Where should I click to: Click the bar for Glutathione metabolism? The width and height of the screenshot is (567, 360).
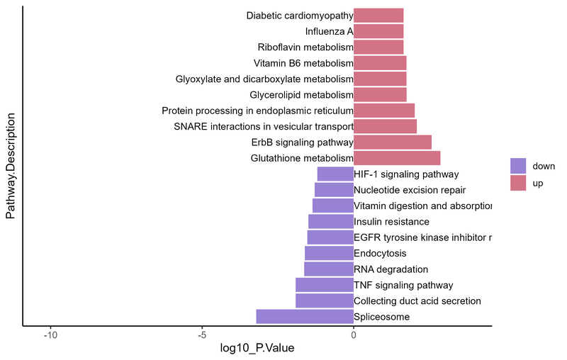pos(397,158)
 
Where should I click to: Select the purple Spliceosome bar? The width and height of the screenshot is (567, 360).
pos(305,317)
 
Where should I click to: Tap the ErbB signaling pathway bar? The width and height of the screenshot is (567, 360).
pos(392,142)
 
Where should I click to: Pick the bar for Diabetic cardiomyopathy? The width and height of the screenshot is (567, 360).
pos(378,15)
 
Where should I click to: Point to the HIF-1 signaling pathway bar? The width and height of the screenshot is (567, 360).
pos(335,174)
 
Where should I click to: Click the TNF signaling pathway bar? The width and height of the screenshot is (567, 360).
pos(325,285)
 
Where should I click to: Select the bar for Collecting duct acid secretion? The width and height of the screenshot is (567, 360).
pos(325,301)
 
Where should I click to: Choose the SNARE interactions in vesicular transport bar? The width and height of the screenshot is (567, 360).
pos(385,126)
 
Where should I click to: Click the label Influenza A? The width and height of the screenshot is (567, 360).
pos(329,31)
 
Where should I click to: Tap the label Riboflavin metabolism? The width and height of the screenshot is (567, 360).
pos(305,47)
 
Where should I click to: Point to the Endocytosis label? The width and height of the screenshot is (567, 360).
pos(380,253)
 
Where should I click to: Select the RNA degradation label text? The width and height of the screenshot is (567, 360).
pos(391,269)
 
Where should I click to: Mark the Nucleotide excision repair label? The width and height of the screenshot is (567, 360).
pos(410,190)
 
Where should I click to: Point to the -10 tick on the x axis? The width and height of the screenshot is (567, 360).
pos(50,335)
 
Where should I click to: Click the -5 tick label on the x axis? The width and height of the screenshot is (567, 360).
pos(202,335)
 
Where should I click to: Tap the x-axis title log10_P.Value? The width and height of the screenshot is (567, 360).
pos(257,349)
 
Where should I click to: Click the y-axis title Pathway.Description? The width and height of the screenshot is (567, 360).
pos(11,167)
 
